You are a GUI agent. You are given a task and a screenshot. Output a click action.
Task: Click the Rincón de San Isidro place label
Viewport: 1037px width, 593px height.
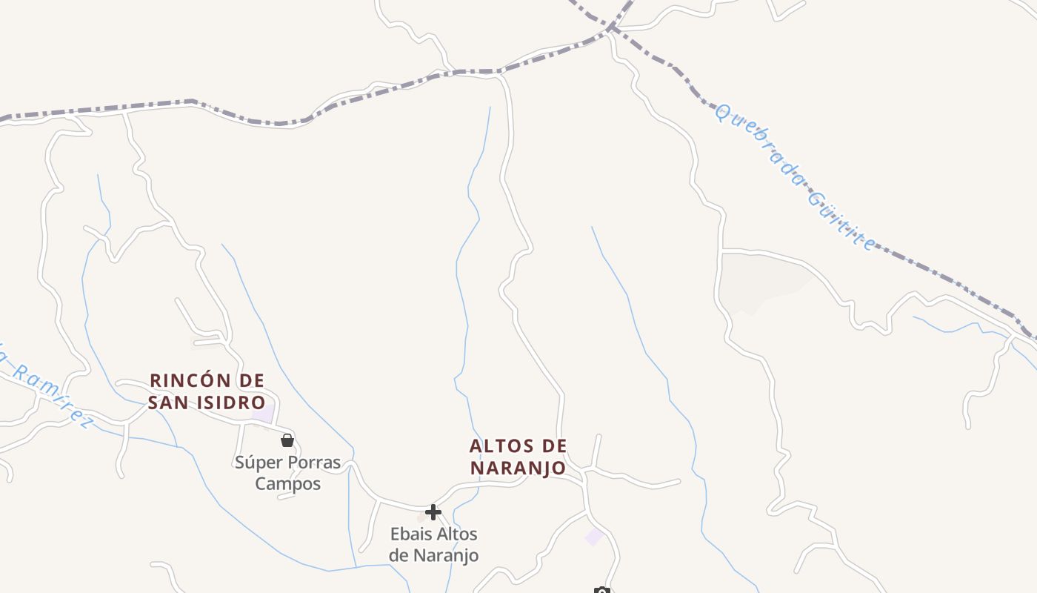(x=207, y=391)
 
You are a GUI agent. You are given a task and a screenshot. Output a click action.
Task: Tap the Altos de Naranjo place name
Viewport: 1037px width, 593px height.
(x=518, y=457)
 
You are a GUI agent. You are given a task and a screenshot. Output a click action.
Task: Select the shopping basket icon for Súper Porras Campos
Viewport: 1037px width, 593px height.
(x=287, y=440)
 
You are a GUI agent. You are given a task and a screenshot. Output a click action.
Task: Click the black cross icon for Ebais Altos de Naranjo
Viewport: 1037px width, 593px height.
(x=433, y=511)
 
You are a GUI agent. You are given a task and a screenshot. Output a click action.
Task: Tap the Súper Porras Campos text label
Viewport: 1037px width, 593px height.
(x=288, y=473)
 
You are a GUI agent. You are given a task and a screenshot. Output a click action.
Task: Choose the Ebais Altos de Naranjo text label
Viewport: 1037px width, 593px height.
(x=434, y=544)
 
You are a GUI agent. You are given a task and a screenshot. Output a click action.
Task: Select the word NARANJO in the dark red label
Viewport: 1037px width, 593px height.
(x=518, y=468)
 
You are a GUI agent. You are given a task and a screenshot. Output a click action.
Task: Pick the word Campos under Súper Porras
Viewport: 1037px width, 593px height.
(x=288, y=484)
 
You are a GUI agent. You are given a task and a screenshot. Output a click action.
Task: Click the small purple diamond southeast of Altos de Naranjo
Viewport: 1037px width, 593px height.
(x=595, y=537)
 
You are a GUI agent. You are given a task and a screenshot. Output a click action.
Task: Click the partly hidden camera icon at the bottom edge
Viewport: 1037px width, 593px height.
(x=602, y=590)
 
